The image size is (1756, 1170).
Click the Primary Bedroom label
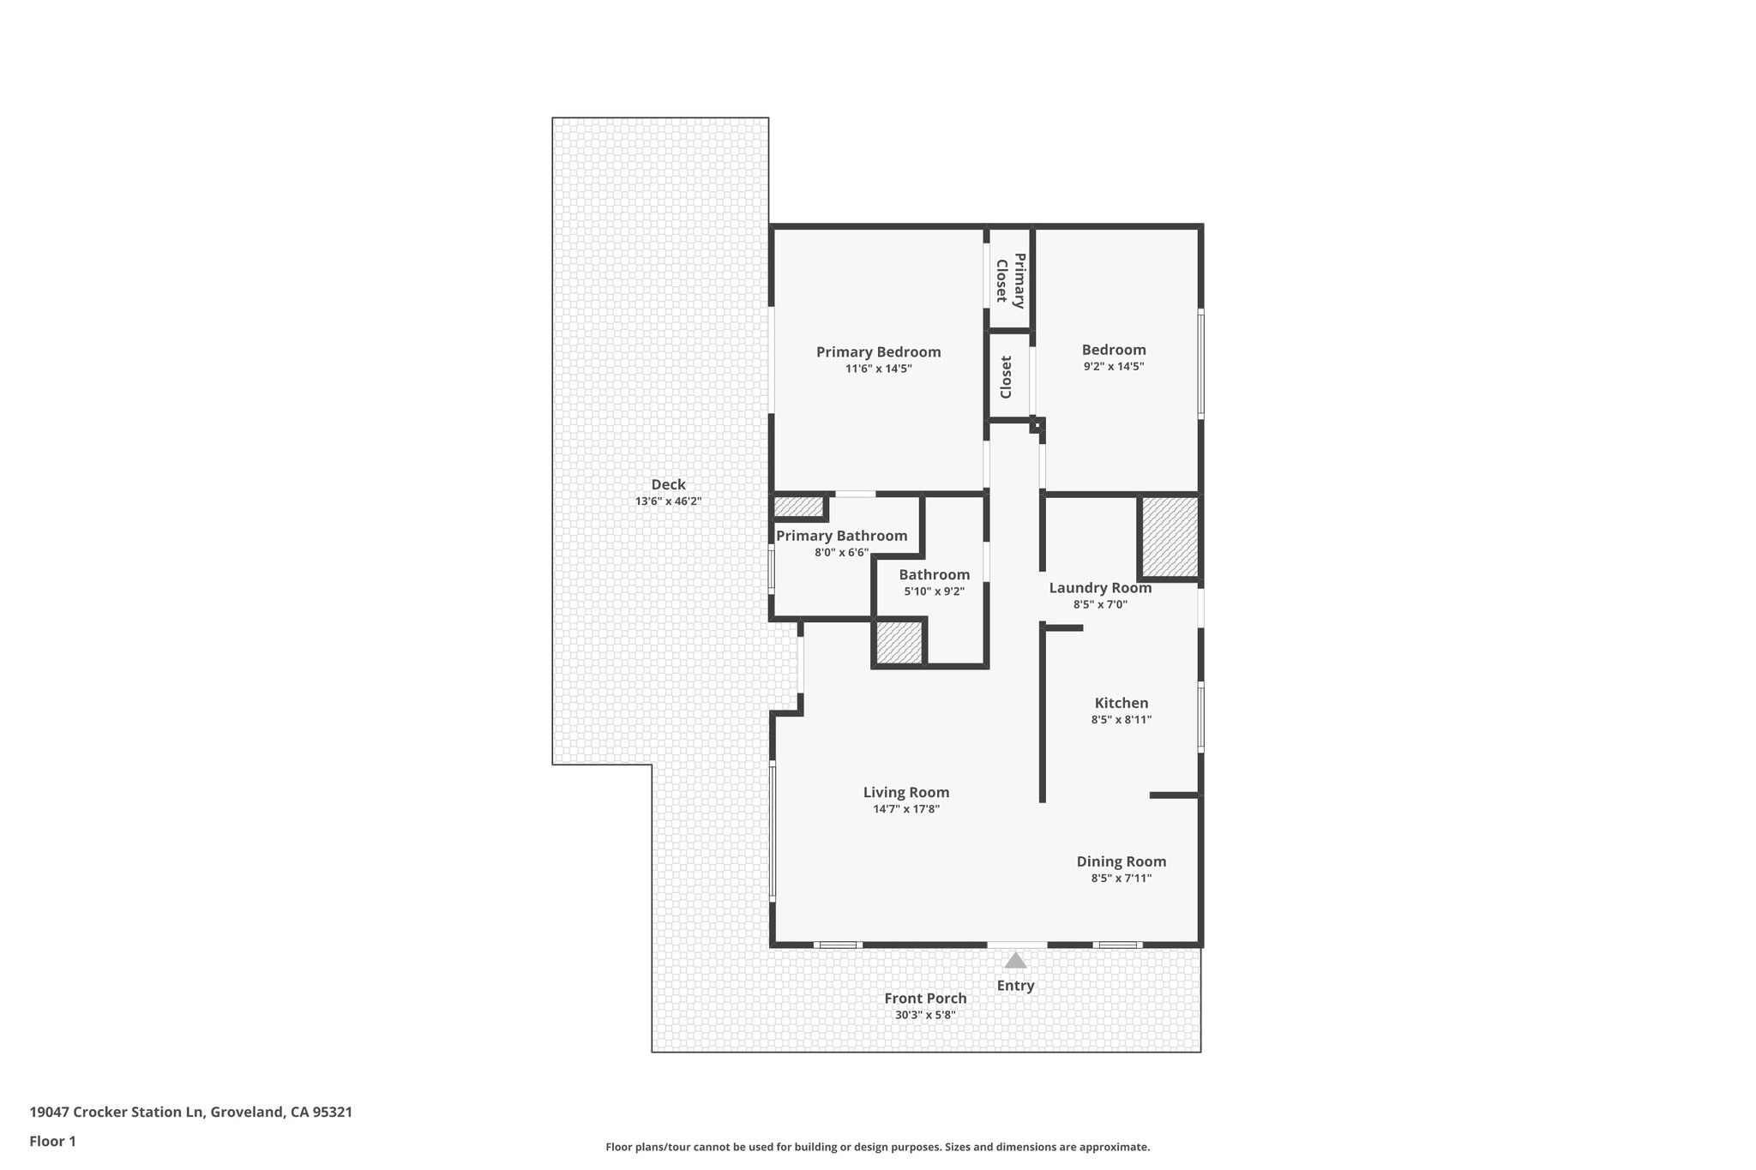[878, 351]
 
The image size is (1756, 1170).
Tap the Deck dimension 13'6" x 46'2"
[668, 501]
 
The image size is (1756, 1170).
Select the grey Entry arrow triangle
[1015, 961]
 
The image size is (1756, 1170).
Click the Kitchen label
[1121, 703]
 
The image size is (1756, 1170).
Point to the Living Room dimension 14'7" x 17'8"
[905, 809]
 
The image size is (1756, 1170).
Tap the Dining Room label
[1121, 861]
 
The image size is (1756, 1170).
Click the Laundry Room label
[1100, 588]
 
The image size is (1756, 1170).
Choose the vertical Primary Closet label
[1009, 279]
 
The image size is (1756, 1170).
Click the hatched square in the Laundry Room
[1168, 537]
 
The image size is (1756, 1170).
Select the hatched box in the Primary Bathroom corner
[798, 507]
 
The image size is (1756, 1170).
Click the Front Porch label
[925, 998]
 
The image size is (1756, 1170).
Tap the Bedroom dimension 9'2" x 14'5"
[1114, 366]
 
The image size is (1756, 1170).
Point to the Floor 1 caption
[52, 1141]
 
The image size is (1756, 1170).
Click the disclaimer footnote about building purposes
[877, 1147]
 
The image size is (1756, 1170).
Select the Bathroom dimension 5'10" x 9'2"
[934, 591]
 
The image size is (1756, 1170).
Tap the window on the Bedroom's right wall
[1200, 364]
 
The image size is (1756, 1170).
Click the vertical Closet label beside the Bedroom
[1007, 377]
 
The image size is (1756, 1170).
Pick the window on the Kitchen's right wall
[1200, 717]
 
